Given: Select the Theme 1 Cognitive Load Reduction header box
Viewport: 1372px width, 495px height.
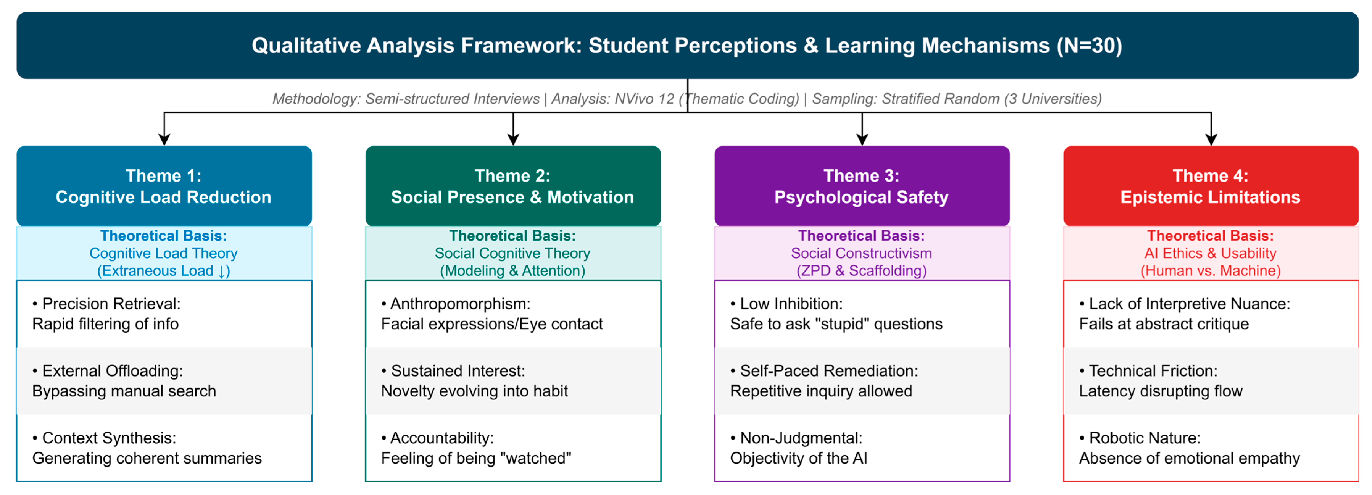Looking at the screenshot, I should pos(164,186).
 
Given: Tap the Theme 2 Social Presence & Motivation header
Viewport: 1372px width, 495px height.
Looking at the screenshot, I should pos(512,186).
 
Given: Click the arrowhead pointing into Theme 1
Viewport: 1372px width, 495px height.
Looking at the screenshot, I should pos(164,139).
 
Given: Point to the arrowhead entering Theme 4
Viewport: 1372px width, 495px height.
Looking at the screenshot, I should pos(1211,139).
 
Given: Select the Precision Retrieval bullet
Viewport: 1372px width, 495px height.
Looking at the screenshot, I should pos(106,313).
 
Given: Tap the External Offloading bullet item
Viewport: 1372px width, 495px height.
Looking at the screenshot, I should pos(124,381).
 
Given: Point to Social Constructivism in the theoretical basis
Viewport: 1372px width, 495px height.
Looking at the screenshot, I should pos(861,253).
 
